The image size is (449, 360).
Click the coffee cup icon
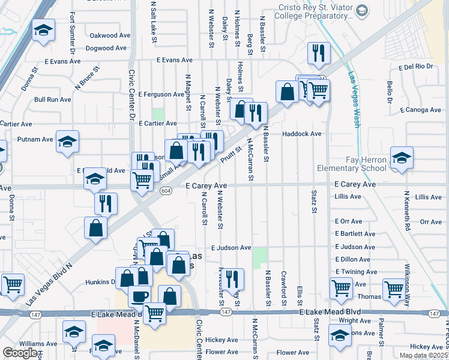(x=140, y=296)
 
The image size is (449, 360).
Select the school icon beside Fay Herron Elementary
(x=402, y=158)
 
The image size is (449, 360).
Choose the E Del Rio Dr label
(x=415, y=67)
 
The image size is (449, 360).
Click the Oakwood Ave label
(x=110, y=35)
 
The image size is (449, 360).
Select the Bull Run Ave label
(x=53, y=99)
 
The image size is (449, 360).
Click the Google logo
(x=20, y=353)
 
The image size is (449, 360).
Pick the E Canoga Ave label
(x=420, y=110)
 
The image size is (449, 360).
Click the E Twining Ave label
(x=356, y=272)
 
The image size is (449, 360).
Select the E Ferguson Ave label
(x=161, y=94)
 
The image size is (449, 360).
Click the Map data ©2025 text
(x=423, y=355)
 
